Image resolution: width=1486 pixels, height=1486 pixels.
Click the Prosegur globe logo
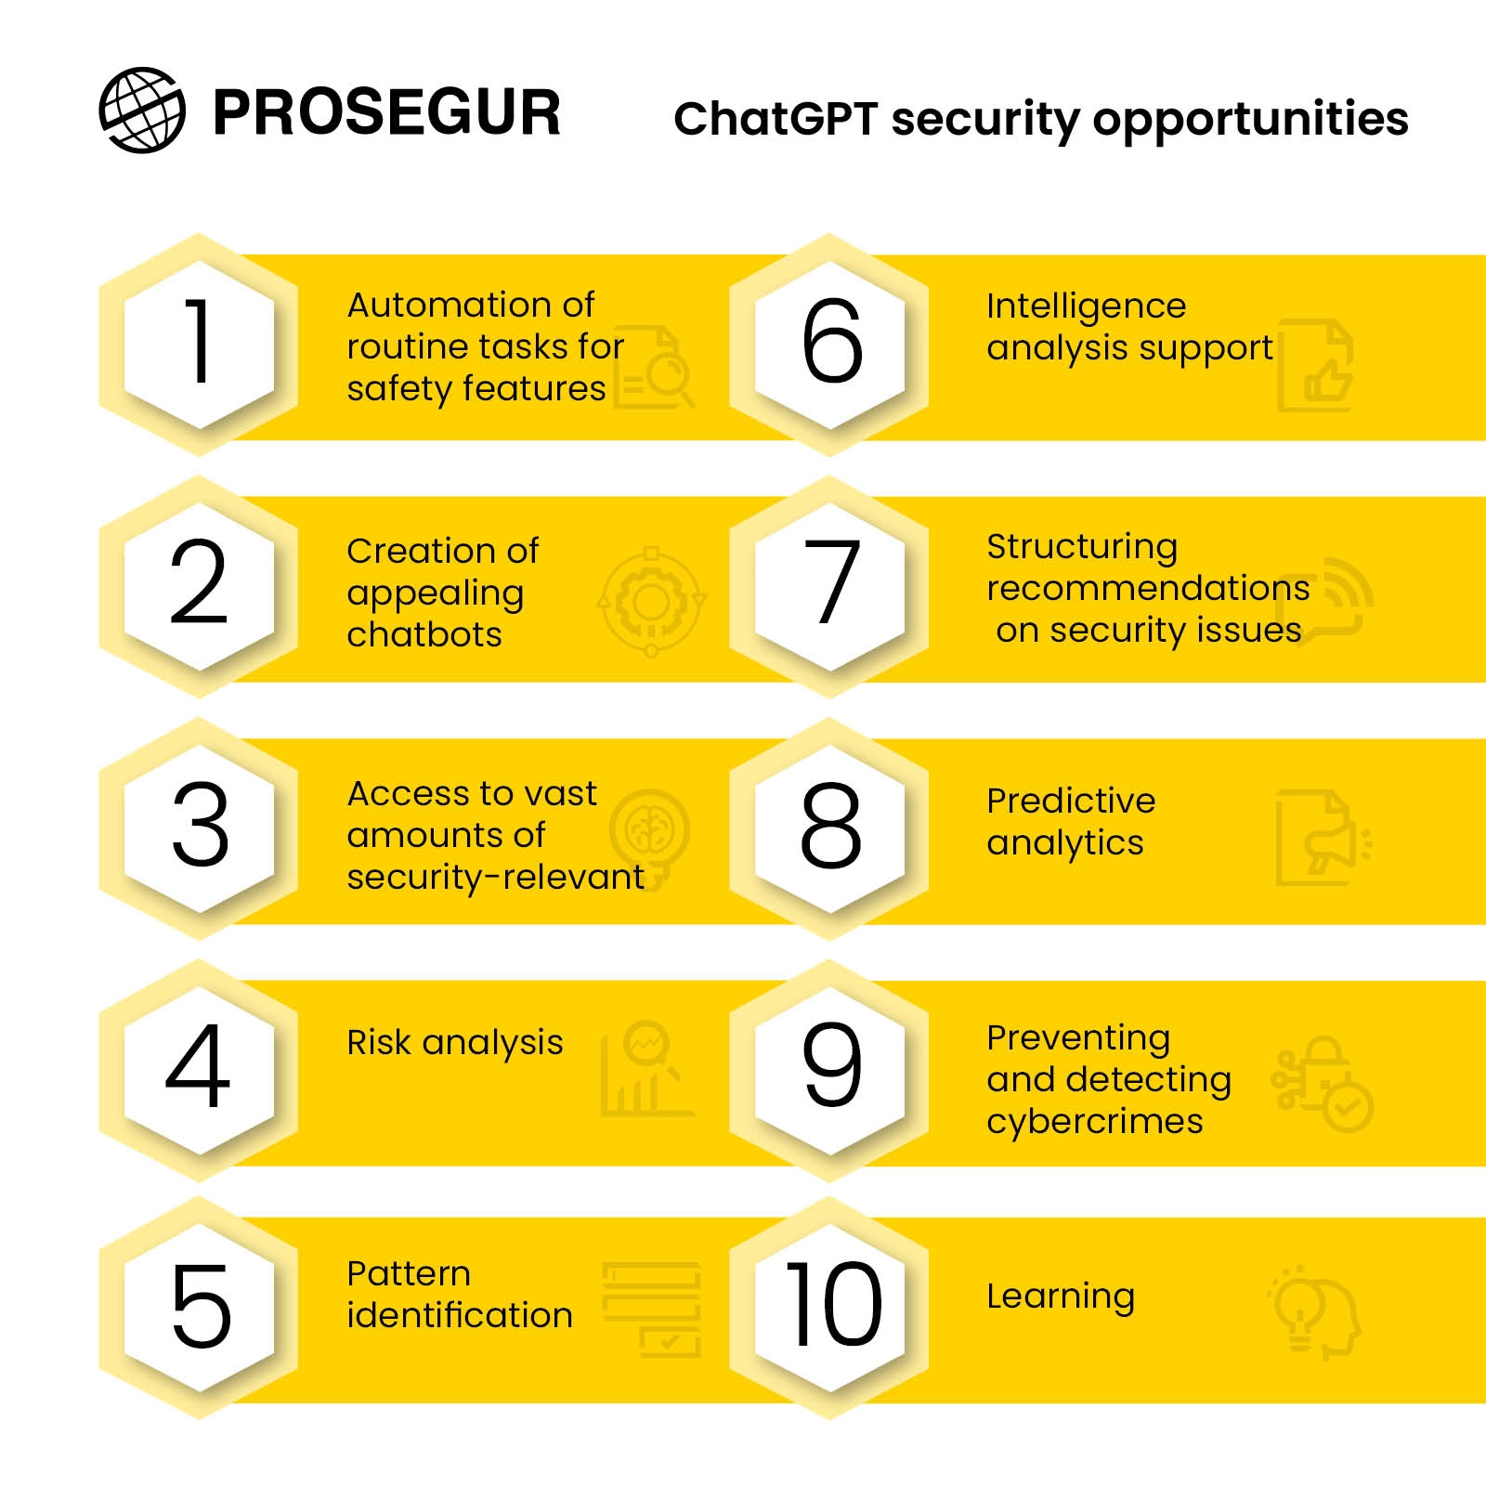click(x=142, y=110)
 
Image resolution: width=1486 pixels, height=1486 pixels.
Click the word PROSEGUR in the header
click(x=386, y=113)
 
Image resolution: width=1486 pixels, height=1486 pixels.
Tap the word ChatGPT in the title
click(x=776, y=119)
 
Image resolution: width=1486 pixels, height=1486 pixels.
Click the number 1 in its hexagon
click(x=199, y=341)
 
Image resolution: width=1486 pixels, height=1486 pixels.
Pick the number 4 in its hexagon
click(x=197, y=1066)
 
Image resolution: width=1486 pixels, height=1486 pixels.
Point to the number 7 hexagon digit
click(x=831, y=582)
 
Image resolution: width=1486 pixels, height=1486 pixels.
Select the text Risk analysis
click(x=455, y=1043)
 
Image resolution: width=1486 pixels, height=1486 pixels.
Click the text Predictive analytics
click(x=1071, y=822)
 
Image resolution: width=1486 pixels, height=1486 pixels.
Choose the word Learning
click(x=1061, y=1297)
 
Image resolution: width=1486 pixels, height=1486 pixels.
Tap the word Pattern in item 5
click(x=409, y=1273)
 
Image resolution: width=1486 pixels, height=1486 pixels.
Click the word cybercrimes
click(x=1095, y=1121)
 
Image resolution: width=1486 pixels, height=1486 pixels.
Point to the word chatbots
click(x=424, y=634)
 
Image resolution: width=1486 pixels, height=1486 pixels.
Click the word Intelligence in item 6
click(x=1086, y=306)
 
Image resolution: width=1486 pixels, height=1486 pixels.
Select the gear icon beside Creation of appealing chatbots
click(x=651, y=602)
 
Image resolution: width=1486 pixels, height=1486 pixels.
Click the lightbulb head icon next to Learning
click(x=1315, y=1312)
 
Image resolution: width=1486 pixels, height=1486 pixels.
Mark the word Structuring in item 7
click(x=1082, y=548)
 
